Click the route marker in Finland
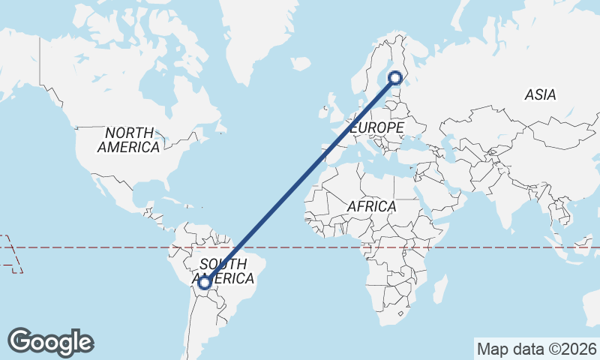pyautogui.click(x=394, y=76)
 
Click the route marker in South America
pyautogui.click(x=204, y=283)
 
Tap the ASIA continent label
pyautogui.click(x=540, y=95)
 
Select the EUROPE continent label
pyautogui.click(x=376, y=128)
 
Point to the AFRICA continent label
pyautogui.click(x=372, y=205)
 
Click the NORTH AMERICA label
pyautogui.click(x=128, y=139)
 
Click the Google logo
pyautogui.click(x=50, y=341)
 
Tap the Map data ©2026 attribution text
pyautogui.click(x=536, y=349)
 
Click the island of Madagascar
pyautogui.click(x=441, y=289)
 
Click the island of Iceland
pyautogui.click(x=300, y=66)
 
